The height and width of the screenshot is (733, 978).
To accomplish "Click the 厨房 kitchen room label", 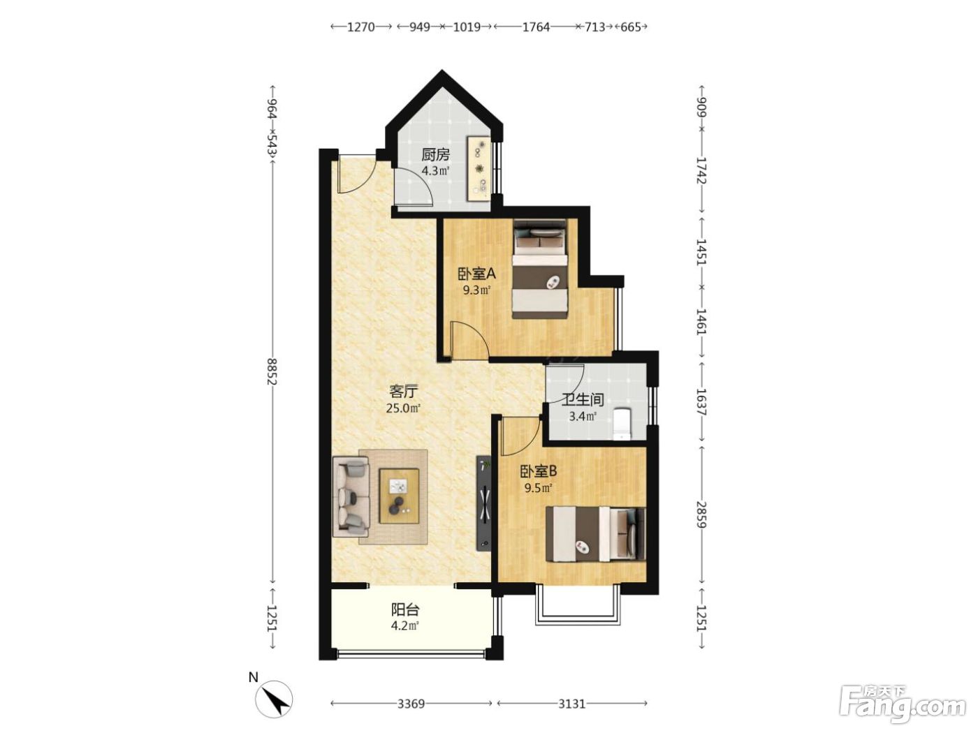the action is click(x=435, y=155).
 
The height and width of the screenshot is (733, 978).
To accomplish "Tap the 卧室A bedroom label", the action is click(x=476, y=273).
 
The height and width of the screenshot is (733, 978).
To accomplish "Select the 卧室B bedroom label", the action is click(x=538, y=471).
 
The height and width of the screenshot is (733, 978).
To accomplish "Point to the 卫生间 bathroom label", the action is click(x=583, y=400).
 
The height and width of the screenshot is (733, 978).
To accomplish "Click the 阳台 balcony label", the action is click(x=405, y=609).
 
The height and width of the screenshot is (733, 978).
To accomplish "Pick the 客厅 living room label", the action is click(x=403, y=392).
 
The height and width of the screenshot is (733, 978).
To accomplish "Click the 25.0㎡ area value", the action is click(x=403, y=408).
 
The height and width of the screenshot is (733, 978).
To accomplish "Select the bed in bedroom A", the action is click(x=539, y=269).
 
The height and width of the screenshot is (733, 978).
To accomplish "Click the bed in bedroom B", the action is click(x=596, y=533).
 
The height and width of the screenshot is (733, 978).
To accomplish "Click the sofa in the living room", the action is click(x=351, y=496).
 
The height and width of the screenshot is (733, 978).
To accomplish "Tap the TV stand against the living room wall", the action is click(x=484, y=503).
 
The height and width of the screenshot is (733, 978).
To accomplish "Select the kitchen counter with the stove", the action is click(x=479, y=169).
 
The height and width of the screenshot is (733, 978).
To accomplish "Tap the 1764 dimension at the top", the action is click(x=536, y=27).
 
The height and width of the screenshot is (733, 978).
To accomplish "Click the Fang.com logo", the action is click(x=903, y=706).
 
